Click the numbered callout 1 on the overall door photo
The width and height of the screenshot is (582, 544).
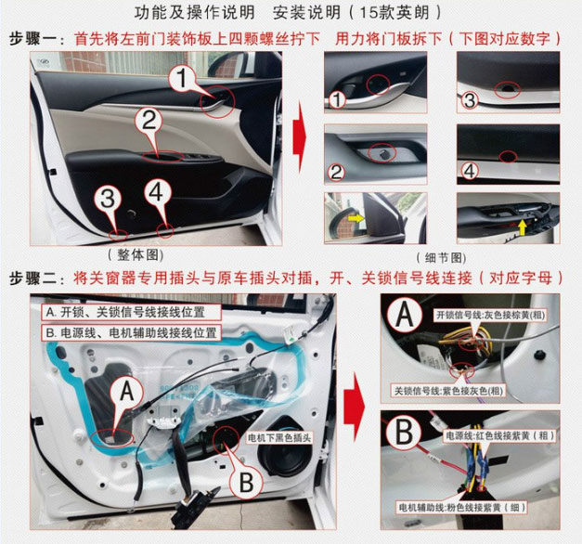pyautogui.click(x=181, y=78)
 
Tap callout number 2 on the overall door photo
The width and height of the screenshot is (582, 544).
pyautogui.click(x=149, y=121)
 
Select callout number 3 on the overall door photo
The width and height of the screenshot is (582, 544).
pyautogui.click(x=108, y=199)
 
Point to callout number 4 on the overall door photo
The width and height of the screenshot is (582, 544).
pyautogui.click(x=157, y=192)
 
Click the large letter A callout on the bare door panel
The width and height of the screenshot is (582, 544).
pyautogui.click(x=127, y=392)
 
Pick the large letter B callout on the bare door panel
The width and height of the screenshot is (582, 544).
pyautogui.click(x=246, y=482)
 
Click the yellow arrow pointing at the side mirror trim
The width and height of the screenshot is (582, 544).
pyautogui.click(x=356, y=218)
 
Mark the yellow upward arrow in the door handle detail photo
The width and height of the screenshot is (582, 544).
pyautogui.click(x=523, y=227)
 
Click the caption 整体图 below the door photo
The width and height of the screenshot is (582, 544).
pyautogui.click(x=136, y=255)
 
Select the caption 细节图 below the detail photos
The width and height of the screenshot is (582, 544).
pyautogui.click(x=442, y=257)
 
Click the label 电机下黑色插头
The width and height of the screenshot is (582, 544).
pyautogui.click(x=279, y=438)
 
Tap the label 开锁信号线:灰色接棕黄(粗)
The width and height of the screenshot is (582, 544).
pyautogui.click(x=490, y=316)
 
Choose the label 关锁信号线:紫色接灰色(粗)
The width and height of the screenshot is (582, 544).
pyautogui.click(x=448, y=391)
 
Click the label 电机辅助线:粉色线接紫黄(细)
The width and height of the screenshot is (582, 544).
pyautogui.click(x=461, y=508)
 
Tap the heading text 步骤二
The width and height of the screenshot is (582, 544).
pyautogui.click(x=33, y=278)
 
